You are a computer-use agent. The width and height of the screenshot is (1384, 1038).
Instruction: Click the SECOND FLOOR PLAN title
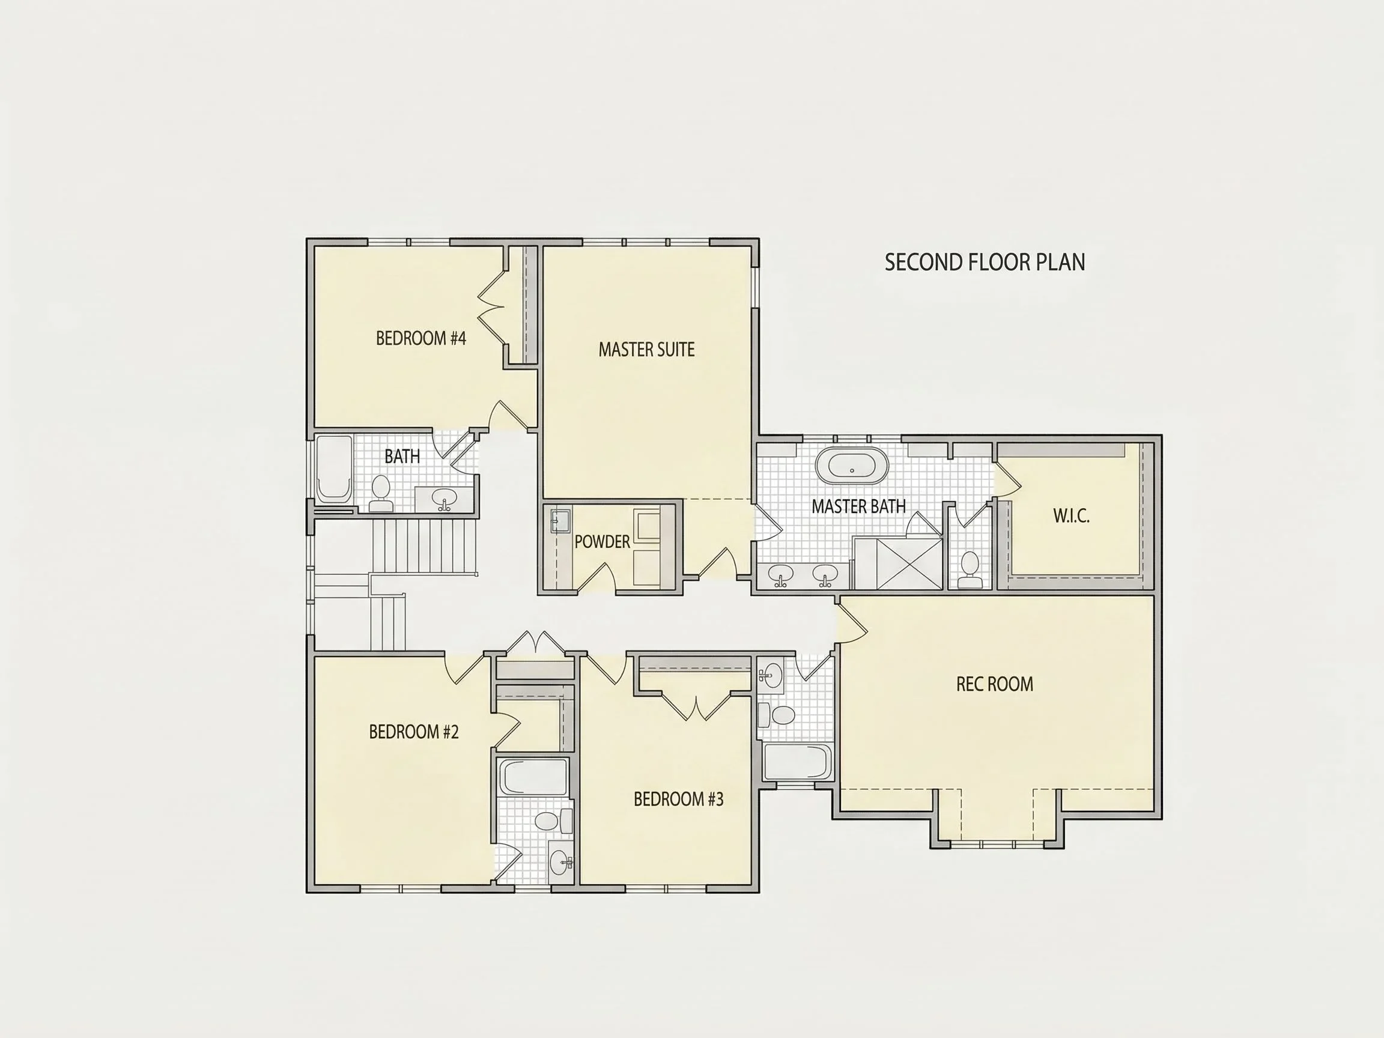click(985, 262)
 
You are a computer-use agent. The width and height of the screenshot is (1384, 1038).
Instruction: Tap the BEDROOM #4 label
click(421, 339)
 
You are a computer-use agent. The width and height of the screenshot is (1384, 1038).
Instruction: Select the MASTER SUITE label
click(646, 349)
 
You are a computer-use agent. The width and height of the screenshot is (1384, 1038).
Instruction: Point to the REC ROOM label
click(995, 684)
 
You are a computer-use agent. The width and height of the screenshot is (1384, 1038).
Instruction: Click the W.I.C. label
click(1071, 515)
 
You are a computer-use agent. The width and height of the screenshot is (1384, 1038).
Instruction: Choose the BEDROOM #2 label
click(413, 732)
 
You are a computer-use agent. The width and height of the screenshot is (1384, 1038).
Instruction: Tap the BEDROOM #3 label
click(678, 799)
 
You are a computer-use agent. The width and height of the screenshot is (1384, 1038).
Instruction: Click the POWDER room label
click(602, 541)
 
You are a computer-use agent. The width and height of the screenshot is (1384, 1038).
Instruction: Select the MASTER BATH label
click(858, 506)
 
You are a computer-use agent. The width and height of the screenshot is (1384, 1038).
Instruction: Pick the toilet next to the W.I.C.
click(970, 569)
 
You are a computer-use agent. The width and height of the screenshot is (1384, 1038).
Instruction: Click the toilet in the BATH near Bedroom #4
click(381, 493)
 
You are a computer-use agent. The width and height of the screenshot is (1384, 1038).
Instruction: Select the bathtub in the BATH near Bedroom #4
click(334, 470)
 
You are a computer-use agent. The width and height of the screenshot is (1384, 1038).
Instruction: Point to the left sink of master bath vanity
click(780, 574)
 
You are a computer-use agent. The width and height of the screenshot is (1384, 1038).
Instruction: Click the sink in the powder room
click(560, 521)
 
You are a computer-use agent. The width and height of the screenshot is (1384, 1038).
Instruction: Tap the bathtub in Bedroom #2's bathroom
click(533, 777)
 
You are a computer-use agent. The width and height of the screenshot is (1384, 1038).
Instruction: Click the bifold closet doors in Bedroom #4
click(492, 307)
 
